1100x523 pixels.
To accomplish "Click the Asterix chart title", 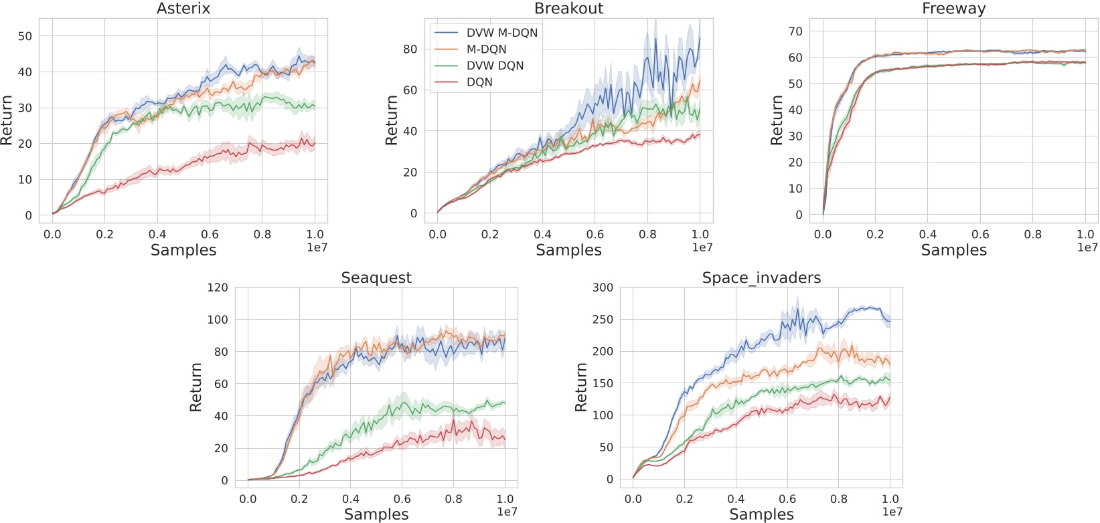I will tap(183, 9).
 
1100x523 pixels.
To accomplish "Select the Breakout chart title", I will tap(568, 9).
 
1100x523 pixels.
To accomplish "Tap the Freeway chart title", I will tap(953, 9).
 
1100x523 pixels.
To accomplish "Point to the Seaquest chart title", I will tap(376, 278).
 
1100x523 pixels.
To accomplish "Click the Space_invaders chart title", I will tap(761, 278).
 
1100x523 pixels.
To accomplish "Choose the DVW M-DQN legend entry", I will tap(501, 33).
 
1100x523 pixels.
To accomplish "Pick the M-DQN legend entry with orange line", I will tap(486, 49).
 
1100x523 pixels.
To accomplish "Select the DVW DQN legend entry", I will tap(495, 66).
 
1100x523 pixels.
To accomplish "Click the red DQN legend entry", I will tap(479, 82).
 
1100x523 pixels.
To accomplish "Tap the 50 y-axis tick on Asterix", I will tap(25, 36).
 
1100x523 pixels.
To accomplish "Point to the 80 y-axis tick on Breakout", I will tap(410, 49).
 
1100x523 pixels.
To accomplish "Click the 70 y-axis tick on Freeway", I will tap(795, 31).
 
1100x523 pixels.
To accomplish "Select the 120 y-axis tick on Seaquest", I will tap(217, 288).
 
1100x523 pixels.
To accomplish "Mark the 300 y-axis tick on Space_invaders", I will tap(603, 288).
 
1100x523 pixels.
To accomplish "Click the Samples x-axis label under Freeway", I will tap(953, 250).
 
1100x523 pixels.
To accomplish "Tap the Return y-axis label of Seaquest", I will tap(195, 387).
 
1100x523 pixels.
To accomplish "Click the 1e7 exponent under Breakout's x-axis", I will tap(702, 247).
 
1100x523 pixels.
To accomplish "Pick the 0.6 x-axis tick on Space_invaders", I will tap(787, 499).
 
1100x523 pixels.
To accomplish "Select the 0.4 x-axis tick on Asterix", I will tap(157, 234).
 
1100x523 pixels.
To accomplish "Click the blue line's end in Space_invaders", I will tap(890, 321).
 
